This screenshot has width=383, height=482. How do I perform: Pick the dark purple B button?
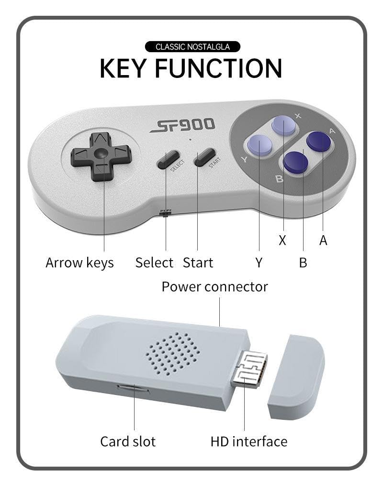click(295, 163)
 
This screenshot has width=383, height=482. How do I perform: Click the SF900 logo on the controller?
click(182, 126)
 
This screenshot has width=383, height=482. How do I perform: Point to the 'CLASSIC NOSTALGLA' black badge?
click(192, 47)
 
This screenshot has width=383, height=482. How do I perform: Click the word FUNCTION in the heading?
click(218, 68)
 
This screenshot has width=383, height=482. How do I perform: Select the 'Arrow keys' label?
click(79, 263)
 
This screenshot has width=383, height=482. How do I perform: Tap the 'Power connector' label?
click(214, 287)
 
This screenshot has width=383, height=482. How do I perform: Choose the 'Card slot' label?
click(128, 441)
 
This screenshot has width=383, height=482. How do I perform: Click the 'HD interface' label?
click(249, 441)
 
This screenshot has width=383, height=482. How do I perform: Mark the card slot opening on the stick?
click(134, 389)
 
